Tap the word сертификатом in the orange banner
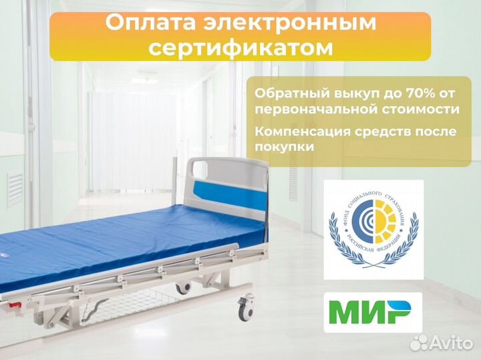[241, 48]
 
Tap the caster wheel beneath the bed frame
[182, 287]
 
